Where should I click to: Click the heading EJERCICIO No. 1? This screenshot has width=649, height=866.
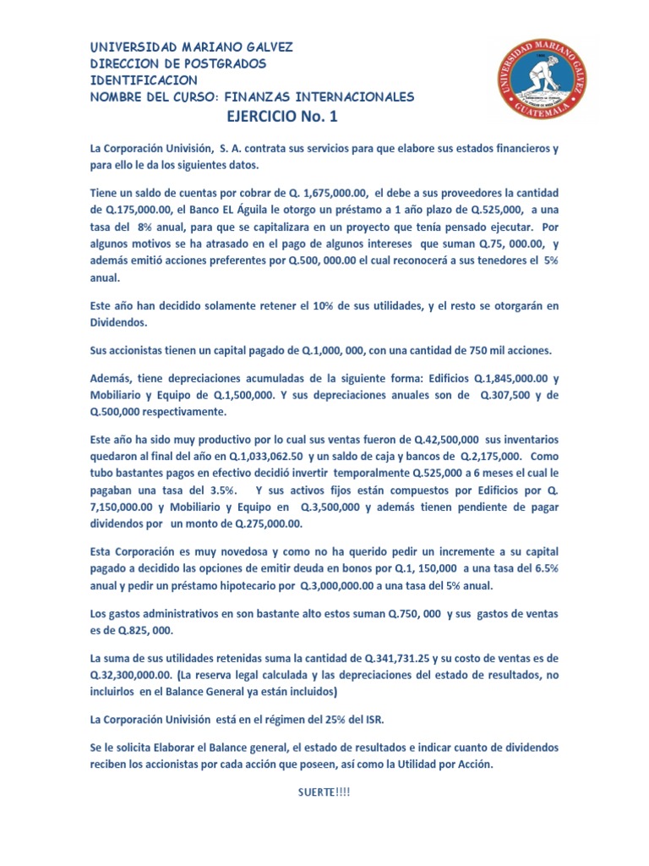tap(287, 117)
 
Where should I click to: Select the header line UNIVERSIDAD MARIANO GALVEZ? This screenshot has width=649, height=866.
tap(192, 47)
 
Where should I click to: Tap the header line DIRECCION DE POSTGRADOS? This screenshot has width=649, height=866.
tap(178, 63)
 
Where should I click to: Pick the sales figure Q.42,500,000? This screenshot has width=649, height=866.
tap(447, 441)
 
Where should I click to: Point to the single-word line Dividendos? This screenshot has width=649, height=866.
tap(122, 321)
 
